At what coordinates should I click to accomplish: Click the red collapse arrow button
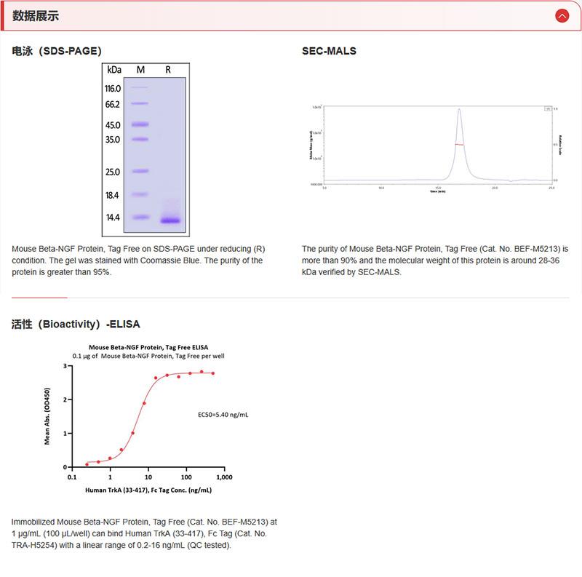[x=562, y=15]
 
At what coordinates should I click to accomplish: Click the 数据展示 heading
[x=36, y=16]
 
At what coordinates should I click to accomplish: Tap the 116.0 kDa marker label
[x=113, y=88]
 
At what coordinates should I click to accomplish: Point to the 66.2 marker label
[x=113, y=105]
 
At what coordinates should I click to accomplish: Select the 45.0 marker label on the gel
[x=113, y=125]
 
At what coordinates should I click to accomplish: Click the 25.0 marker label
[x=113, y=172]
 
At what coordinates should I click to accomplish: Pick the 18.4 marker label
[x=113, y=196]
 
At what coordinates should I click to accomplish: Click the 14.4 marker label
[x=113, y=218]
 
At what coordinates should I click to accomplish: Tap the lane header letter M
[x=140, y=70]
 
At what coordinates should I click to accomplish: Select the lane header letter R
[x=168, y=70]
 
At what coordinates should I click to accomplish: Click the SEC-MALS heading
[x=329, y=51]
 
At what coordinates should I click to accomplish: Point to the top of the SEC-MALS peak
[x=459, y=110]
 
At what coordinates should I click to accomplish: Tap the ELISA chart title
[x=148, y=348]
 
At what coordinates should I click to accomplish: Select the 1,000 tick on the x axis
[x=224, y=477]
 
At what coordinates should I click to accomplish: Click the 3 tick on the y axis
[x=65, y=367]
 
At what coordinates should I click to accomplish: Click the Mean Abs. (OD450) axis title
[x=48, y=416]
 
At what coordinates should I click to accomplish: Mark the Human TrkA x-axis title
[x=148, y=490]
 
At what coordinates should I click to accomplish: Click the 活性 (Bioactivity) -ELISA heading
[x=76, y=324]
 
